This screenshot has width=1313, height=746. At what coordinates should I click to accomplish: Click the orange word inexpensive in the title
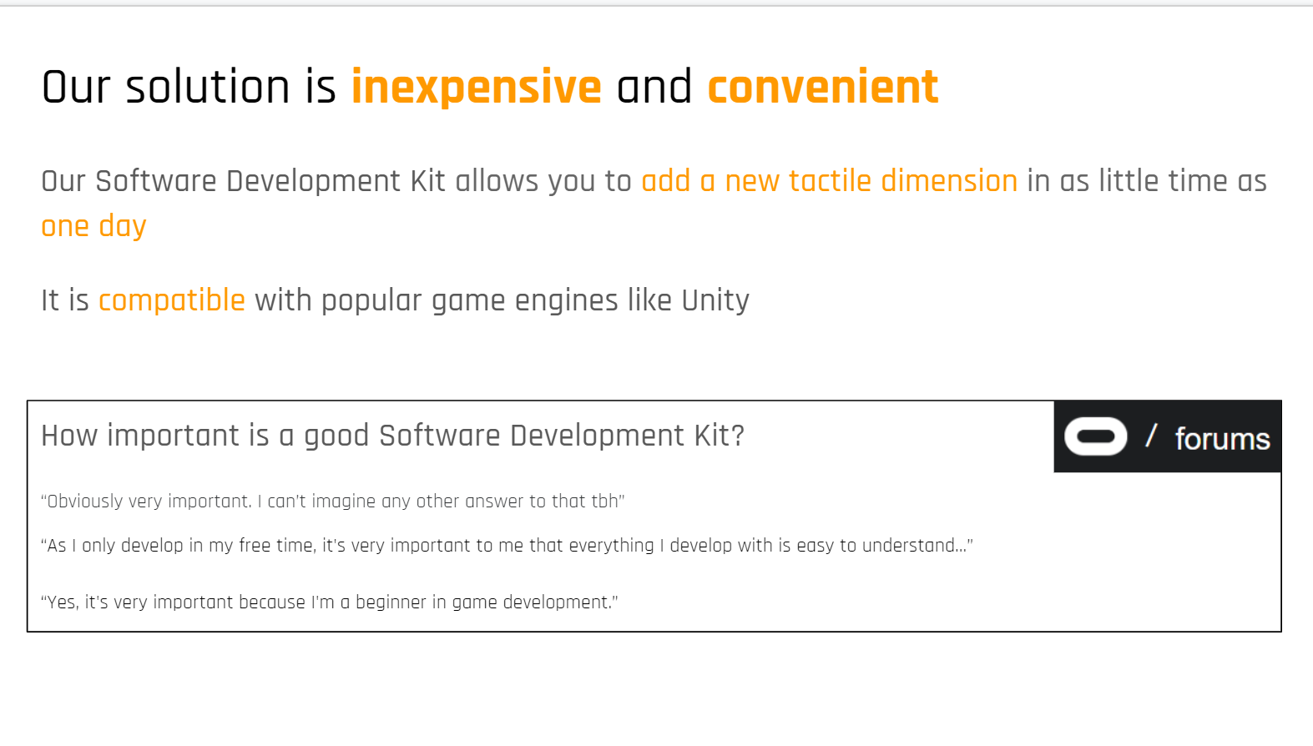(x=477, y=88)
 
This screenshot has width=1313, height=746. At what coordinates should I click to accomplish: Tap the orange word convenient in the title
(x=823, y=88)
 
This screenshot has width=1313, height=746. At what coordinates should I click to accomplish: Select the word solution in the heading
(x=208, y=88)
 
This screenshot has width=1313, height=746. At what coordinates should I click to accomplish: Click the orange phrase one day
(x=93, y=226)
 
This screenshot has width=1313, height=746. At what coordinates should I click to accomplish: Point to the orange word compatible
(x=172, y=300)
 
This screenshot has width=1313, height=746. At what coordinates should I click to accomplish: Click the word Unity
(x=715, y=300)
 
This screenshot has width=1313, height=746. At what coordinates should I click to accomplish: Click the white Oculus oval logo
(x=1095, y=436)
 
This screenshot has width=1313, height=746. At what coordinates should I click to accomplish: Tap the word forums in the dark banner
(x=1223, y=439)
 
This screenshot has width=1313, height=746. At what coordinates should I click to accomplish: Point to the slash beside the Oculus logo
(x=1151, y=436)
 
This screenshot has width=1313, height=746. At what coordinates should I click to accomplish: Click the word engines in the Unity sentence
(x=566, y=301)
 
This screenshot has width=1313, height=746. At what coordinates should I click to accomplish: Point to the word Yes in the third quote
(x=62, y=602)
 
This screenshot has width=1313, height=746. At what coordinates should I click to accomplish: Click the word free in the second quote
(x=255, y=546)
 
